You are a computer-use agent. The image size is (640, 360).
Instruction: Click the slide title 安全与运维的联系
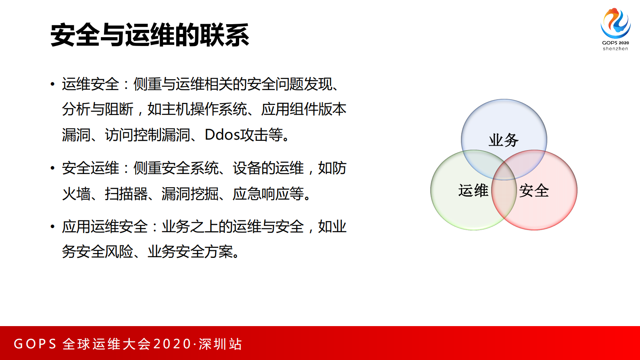coord(150,35)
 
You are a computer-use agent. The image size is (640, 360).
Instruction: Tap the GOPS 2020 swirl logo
coord(615,23)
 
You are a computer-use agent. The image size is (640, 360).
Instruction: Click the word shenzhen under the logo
coord(615,49)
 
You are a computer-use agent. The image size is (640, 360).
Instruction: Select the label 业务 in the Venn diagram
coord(503,140)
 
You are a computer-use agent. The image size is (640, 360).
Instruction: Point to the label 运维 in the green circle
coord(473,190)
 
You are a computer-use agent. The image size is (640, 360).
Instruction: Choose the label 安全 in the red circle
coord(534,190)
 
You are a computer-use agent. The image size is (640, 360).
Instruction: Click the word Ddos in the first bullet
coord(222,135)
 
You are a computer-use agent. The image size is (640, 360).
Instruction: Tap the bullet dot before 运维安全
coord(52,84)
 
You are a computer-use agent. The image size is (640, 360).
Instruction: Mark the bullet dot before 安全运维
coord(52,168)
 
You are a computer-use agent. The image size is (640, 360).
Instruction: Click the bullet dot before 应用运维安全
coord(52,227)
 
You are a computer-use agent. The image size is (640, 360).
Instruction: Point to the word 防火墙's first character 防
coord(339,168)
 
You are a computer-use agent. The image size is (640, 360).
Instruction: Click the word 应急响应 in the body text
coord(261,194)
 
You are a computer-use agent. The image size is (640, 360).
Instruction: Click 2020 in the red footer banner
coord(172,344)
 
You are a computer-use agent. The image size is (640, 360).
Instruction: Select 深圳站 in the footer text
coord(220,344)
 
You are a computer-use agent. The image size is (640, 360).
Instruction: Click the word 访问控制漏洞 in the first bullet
coord(147,135)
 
